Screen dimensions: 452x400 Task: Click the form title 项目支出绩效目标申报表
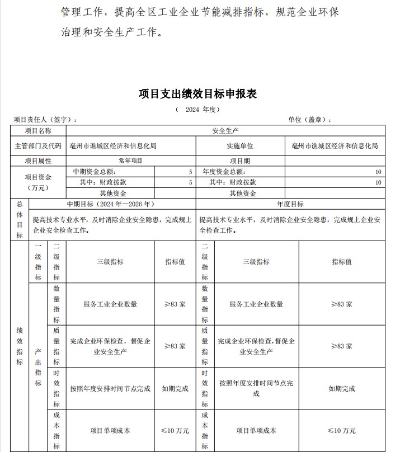click(197, 93)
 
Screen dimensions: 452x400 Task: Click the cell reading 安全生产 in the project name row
click(225, 131)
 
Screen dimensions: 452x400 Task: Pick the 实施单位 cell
click(240, 146)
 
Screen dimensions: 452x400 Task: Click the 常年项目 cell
click(130, 161)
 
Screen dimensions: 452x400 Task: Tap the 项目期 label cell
click(240, 161)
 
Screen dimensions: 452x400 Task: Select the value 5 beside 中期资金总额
click(190, 172)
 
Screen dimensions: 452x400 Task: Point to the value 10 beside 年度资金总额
click(378, 172)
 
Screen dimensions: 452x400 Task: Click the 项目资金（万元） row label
click(38, 182)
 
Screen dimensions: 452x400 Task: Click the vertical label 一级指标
click(38, 262)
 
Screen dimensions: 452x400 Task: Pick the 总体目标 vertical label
click(20, 220)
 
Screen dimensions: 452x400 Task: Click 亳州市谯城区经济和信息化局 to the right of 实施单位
click(335, 146)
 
